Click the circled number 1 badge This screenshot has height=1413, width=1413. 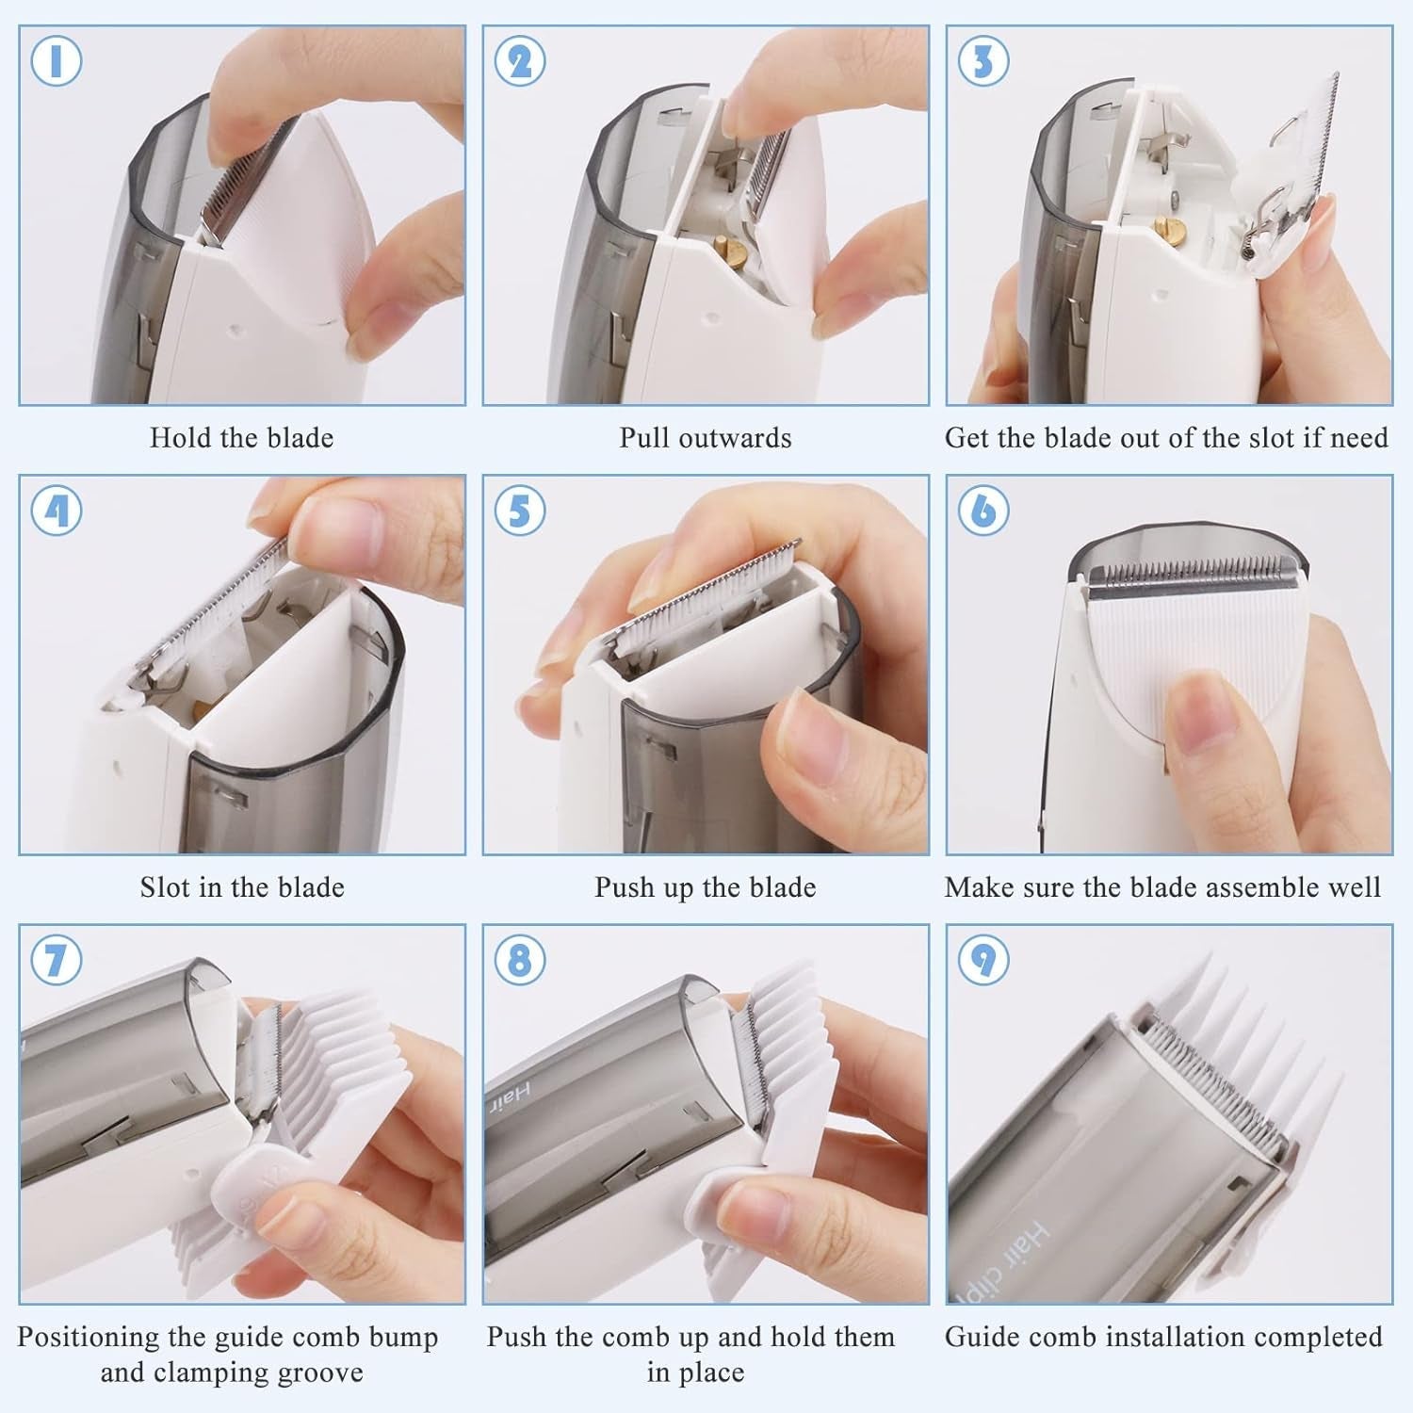[56, 61]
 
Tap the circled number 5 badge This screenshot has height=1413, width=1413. [519, 511]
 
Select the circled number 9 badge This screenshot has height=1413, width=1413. [983, 961]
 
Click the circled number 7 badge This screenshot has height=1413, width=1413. [56, 961]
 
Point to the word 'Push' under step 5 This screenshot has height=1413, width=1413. [623, 887]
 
